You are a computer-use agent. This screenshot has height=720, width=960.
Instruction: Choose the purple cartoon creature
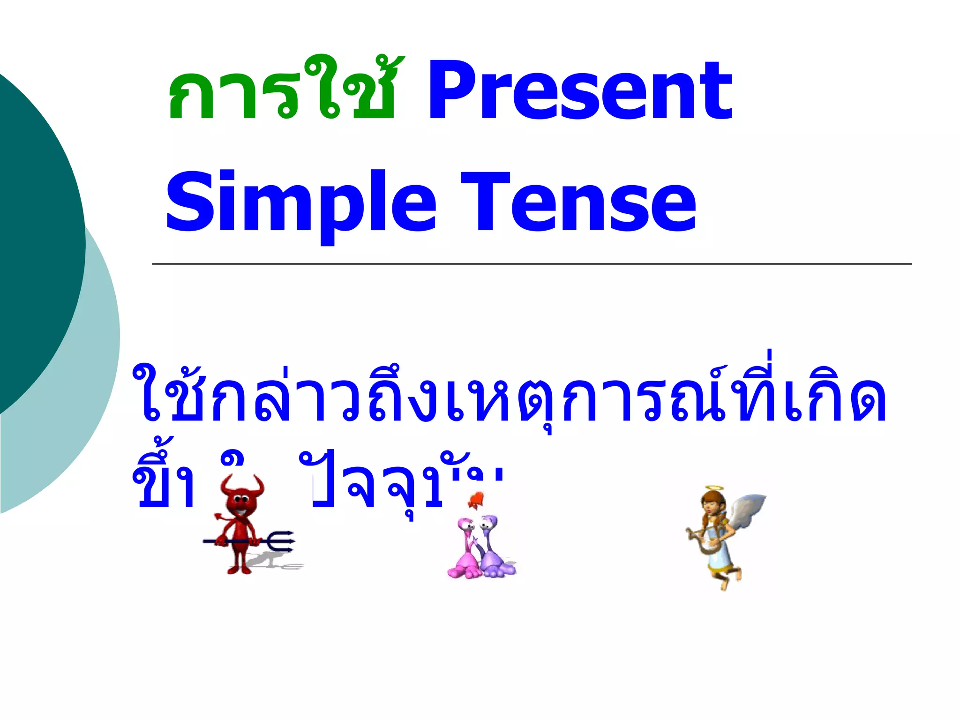pyautogui.click(x=495, y=548)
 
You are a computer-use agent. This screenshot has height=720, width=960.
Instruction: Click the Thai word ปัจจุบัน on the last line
pyautogui.click(x=403, y=483)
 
